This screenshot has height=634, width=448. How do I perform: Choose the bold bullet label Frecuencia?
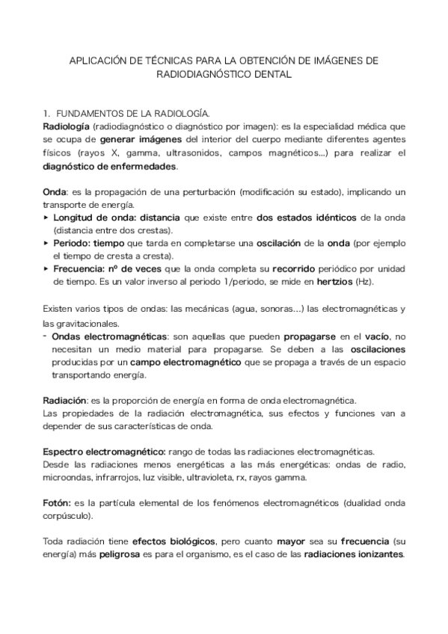tap(82, 268)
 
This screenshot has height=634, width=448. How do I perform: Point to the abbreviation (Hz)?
tap(384, 282)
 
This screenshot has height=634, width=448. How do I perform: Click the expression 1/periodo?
tap(248, 282)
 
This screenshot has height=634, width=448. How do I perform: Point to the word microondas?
tap(67, 478)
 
